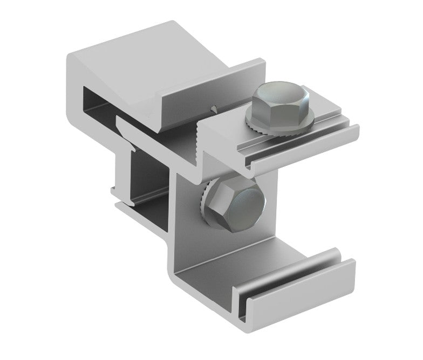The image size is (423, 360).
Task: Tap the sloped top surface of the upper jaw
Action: click(156, 59)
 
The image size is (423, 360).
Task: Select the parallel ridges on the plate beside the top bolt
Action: click(302, 141)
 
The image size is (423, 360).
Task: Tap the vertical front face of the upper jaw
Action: click(216, 92)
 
